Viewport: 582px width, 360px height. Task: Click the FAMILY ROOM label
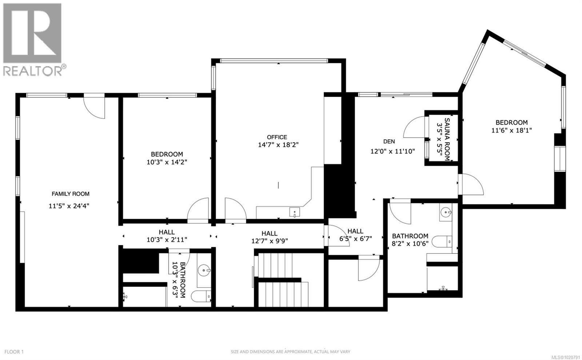click(x=70, y=194)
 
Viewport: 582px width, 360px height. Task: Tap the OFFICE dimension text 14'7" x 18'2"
click(x=278, y=145)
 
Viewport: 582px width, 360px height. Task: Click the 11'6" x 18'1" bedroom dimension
click(x=511, y=130)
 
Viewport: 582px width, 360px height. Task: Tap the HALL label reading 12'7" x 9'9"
click(x=269, y=237)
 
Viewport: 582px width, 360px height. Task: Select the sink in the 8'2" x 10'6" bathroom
click(x=445, y=211)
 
